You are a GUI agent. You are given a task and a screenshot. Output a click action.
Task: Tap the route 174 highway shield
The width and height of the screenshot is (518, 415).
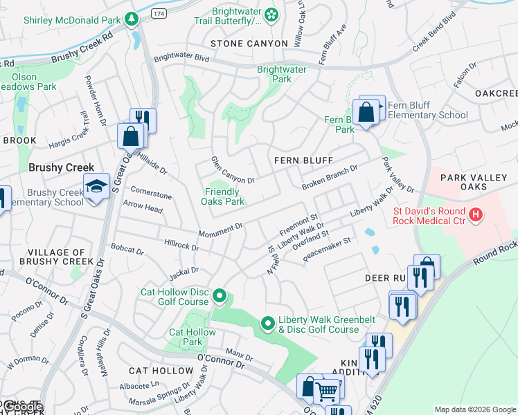[159, 13]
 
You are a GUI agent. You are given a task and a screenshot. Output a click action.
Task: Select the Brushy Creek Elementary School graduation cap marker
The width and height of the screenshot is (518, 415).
[96, 185]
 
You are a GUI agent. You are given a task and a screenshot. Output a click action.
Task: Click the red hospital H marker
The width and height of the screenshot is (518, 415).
[475, 214]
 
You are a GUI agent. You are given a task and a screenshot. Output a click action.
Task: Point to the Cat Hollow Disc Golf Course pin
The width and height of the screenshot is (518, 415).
[220, 296]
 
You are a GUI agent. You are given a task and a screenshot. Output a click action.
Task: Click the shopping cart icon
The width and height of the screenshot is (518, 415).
[327, 391]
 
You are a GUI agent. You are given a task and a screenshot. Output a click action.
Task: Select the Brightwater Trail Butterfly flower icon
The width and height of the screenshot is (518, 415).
[271, 14]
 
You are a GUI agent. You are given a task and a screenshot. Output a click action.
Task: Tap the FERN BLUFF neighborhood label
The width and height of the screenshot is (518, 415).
[303, 160]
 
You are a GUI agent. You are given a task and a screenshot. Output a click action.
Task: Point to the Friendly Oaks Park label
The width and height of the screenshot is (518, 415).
[222, 197]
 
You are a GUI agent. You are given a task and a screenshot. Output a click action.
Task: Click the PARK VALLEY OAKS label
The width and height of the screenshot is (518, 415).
[479, 184]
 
